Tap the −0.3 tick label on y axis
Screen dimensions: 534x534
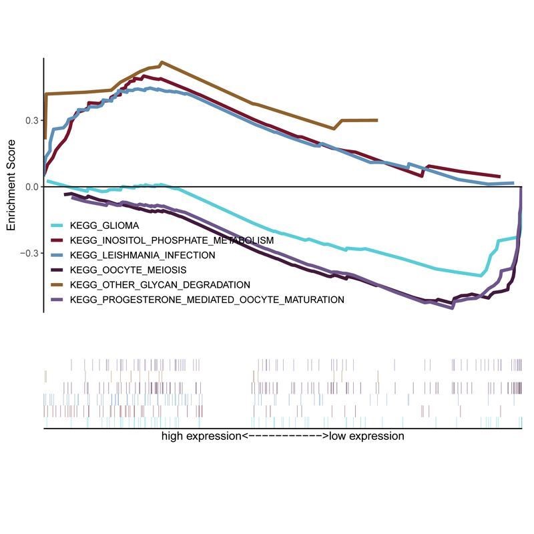[30, 254]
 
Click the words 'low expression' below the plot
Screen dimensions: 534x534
[366, 436]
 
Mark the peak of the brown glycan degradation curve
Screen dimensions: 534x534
[162, 62]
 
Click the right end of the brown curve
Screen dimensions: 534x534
[377, 120]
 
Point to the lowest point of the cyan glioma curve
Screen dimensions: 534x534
[481, 275]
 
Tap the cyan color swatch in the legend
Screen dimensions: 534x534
[57, 226]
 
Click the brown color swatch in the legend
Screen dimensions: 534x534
[57, 285]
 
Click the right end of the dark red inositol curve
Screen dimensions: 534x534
[499, 176]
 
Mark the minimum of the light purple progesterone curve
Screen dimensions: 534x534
[453, 308]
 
